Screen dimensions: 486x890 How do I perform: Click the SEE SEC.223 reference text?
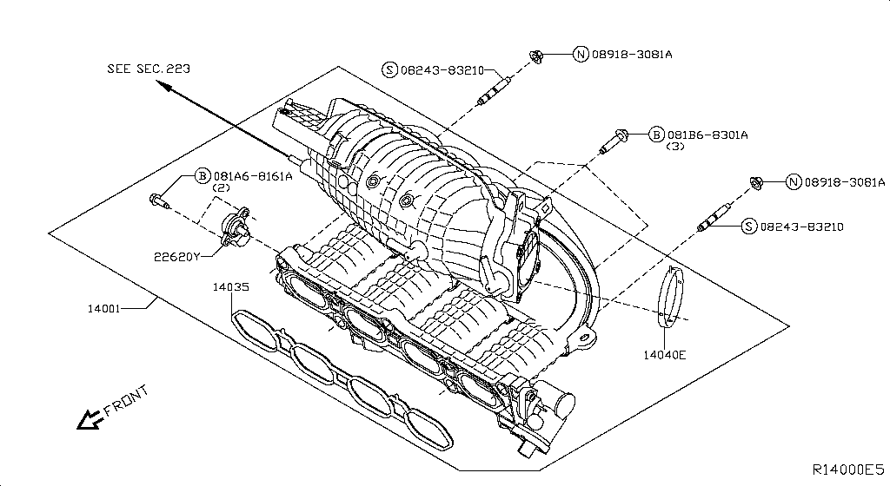point(149,68)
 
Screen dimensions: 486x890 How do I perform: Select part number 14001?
point(105,308)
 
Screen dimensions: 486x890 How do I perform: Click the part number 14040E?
point(665,354)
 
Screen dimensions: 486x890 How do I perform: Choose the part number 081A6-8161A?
point(253,175)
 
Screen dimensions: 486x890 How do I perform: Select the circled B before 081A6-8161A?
point(202,175)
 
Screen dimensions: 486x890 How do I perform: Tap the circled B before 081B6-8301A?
point(656,135)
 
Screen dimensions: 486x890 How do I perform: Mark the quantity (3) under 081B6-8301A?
point(675,147)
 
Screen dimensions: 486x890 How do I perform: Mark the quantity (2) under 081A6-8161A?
point(222,187)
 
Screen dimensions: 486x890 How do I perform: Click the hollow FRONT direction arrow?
point(88,420)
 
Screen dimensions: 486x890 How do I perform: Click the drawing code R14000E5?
point(847,469)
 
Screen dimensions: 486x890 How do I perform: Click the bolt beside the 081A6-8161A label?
point(160,201)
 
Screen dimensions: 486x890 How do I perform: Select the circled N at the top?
point(581,54)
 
